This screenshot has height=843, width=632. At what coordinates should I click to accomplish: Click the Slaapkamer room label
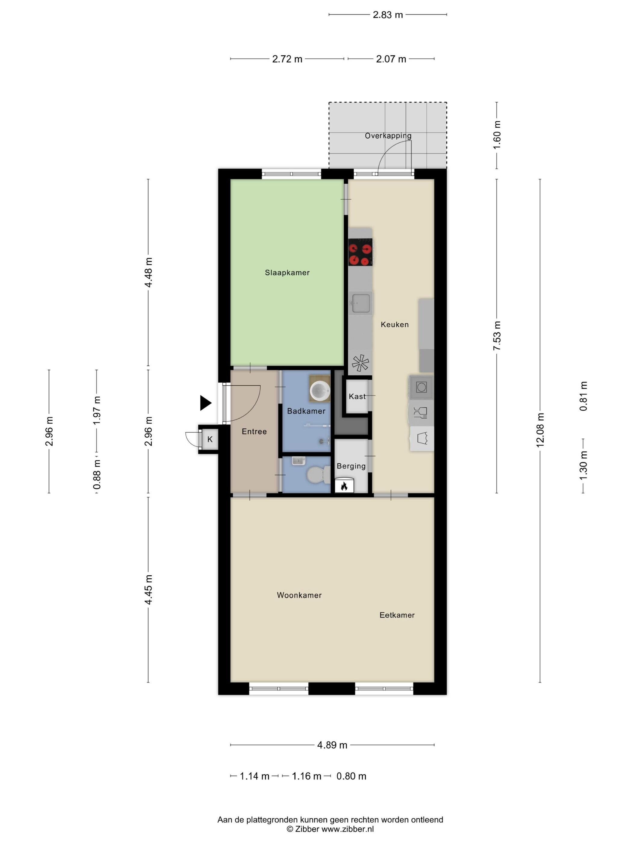point(287,272)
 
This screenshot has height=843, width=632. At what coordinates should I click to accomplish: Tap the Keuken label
point(395,324)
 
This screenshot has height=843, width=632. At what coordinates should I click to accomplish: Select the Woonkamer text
point(299,595)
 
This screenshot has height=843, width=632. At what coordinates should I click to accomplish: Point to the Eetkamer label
point(397,615)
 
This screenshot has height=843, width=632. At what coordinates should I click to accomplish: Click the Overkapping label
point(388,136)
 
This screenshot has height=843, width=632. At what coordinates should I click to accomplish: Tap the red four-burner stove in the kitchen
point(360,252)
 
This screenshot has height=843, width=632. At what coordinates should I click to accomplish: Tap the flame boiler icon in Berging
point(344,486)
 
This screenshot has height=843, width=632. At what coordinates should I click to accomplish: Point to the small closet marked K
point(210,439)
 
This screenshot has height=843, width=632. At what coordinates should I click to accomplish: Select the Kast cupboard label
point(357,396)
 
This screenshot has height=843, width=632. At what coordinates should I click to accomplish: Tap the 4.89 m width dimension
point(332,745)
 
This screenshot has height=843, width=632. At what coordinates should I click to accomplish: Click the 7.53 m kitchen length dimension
point(497,336)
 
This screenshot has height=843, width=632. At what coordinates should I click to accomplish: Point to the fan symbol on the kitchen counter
point(360,363)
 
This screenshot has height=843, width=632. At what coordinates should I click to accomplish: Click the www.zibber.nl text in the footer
point(347,829)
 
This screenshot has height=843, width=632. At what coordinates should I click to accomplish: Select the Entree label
point(254,431)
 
